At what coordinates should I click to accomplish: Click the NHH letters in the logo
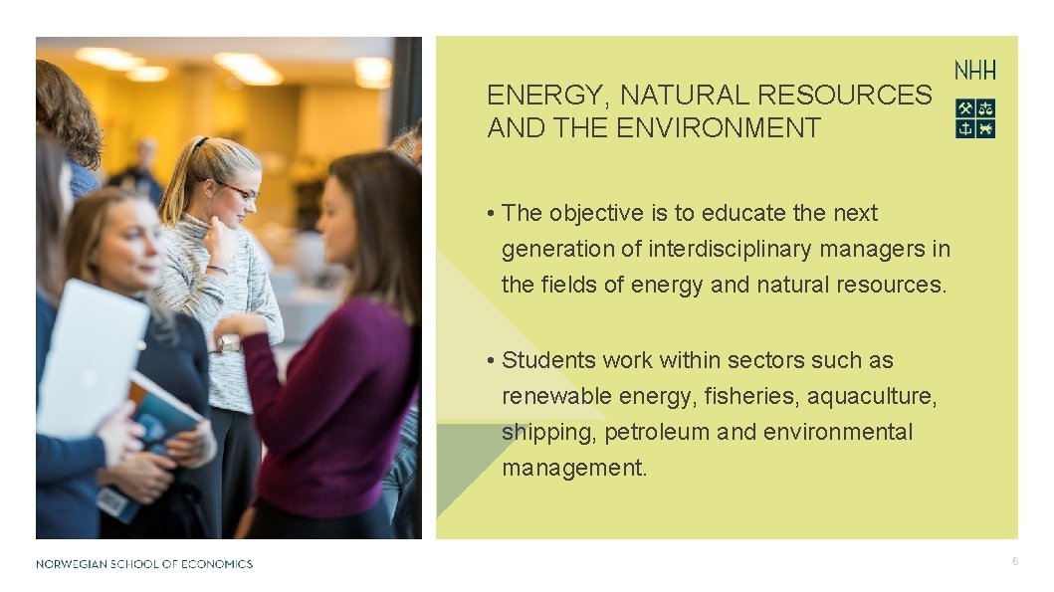(974, 71)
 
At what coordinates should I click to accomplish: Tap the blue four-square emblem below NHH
(974, 118)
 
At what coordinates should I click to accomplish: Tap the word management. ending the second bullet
(574, 468)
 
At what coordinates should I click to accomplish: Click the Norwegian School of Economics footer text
(144, 564)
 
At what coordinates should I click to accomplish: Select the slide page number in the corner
(1014, 562)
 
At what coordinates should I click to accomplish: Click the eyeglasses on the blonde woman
(239, 191)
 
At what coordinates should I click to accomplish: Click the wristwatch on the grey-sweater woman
(230, 344)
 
